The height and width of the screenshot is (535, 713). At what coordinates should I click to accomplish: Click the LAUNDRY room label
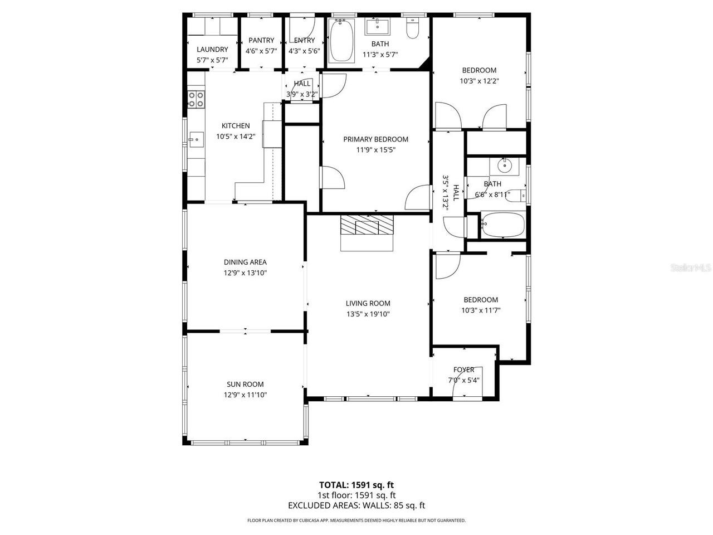(212, 49)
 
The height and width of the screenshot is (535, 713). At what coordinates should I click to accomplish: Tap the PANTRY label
(261, 40)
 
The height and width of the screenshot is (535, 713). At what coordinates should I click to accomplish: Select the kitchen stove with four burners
(196, 99)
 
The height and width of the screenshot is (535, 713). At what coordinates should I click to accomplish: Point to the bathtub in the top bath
(341, 41)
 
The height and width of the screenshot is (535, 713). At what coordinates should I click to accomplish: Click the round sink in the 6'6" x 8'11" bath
(505, 166)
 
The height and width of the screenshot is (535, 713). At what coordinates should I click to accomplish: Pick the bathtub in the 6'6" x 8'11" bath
(503, 225)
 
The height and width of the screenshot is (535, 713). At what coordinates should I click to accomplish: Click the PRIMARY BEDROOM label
(375, 139)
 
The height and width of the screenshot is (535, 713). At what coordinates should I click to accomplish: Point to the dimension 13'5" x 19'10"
(368, 314)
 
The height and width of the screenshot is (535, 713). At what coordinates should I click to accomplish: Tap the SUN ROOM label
(245, 384)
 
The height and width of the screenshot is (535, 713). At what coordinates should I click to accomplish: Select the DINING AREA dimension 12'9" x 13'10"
(245, 273)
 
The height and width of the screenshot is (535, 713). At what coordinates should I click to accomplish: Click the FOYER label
(464, 369)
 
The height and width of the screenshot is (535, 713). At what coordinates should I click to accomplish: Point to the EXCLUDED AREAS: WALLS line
(356, 505)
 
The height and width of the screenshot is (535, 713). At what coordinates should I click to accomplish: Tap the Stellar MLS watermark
(691, 268)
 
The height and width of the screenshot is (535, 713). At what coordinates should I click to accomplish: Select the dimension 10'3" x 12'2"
(479, 80)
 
